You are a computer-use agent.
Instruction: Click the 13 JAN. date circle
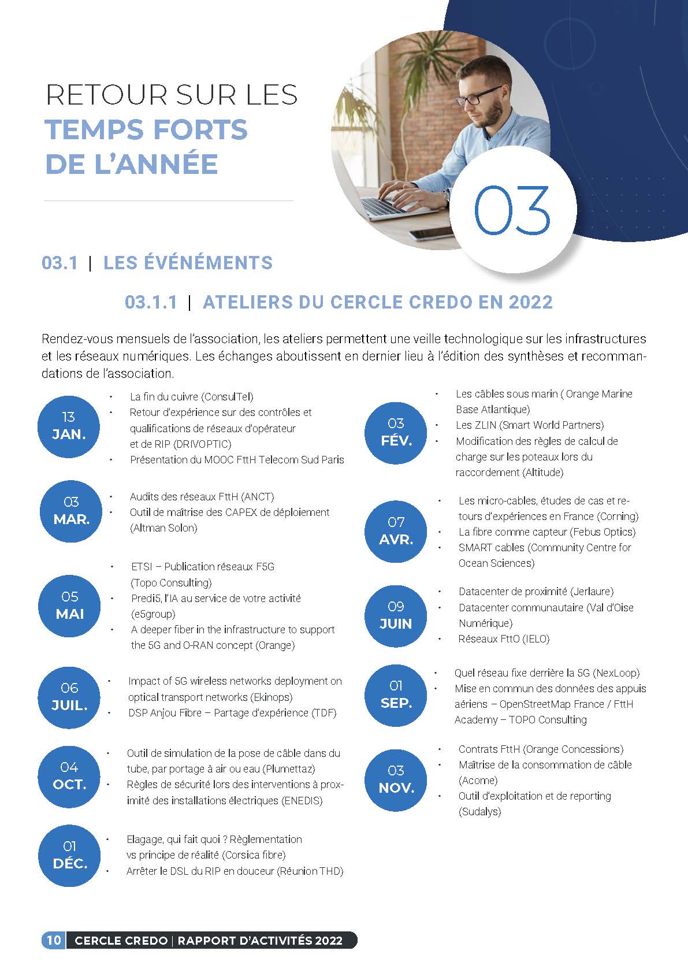(x=69, y=426)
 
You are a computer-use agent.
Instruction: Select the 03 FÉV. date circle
(x=396, y=432)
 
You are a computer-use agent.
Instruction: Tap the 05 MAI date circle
(x=70, y=606)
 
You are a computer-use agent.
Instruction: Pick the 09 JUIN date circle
(x=396, y=615)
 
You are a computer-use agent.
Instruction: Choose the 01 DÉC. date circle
(x=69, y=855)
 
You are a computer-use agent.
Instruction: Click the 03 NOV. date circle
(x=396, y=779)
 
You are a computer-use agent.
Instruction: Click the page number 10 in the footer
(x=53, y=940)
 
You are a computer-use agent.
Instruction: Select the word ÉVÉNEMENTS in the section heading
(x=188, y=263)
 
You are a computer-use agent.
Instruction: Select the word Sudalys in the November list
(x=479, y=812)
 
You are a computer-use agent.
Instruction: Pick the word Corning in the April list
(x=618, y=517)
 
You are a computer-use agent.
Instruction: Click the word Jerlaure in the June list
(x=592, y=592)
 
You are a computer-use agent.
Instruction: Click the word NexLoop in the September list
(x=616, y=673)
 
